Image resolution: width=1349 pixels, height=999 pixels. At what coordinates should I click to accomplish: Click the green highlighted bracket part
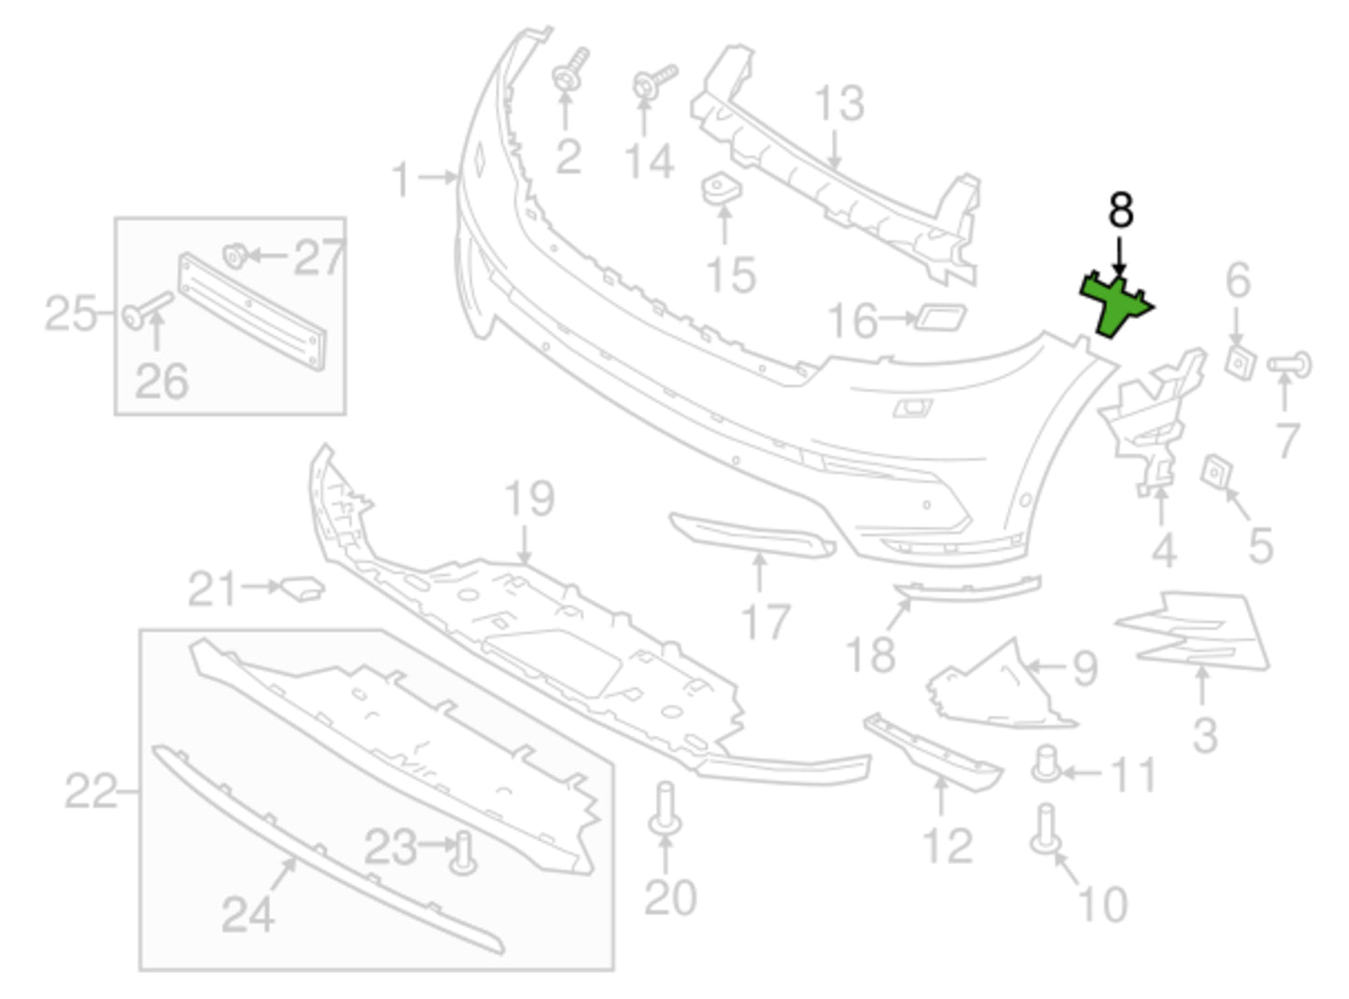(1115, 304)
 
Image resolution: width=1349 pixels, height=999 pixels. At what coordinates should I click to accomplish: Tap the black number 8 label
(1121, 210)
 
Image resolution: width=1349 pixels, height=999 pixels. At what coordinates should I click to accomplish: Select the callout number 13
(839, 104)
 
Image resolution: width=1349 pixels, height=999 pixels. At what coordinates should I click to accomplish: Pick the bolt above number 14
(654, 81)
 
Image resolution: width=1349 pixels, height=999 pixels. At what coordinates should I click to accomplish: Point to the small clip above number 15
(722, 189)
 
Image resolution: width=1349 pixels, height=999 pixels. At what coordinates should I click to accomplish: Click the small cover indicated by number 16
(941, 317)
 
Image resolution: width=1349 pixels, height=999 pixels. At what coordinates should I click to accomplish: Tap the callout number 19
(529, 498)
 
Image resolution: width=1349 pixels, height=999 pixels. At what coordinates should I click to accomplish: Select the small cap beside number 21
(302, 587)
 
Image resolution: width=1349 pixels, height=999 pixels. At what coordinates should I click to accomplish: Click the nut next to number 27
(235, 256)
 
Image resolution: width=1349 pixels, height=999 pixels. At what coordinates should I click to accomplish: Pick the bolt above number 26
(148, 310)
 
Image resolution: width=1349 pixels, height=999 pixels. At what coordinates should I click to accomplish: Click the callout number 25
(71, 313)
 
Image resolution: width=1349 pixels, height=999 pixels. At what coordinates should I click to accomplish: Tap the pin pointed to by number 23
(463, 852)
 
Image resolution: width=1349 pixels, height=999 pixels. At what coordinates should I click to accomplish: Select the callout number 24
(247, 914)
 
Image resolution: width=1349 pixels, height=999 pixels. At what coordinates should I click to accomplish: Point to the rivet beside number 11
(1047, 764)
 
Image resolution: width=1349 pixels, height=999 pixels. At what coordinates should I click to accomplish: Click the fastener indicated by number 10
(1046, 830)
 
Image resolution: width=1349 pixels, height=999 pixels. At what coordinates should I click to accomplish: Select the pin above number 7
(1289, 364)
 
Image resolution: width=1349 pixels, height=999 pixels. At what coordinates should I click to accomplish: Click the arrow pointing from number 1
(438, 177)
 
